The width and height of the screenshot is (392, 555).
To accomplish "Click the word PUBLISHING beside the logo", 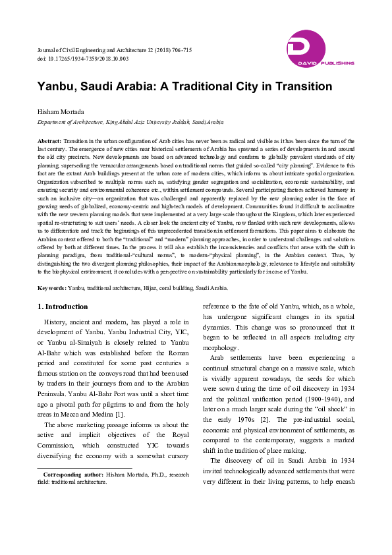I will click(x=340, y=63).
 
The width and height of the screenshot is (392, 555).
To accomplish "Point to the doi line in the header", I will click(x=82, y=59).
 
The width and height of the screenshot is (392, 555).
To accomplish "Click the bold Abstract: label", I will click(x=49, y=142).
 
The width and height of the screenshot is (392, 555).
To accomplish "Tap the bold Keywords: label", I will click(x=51, y=288).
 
